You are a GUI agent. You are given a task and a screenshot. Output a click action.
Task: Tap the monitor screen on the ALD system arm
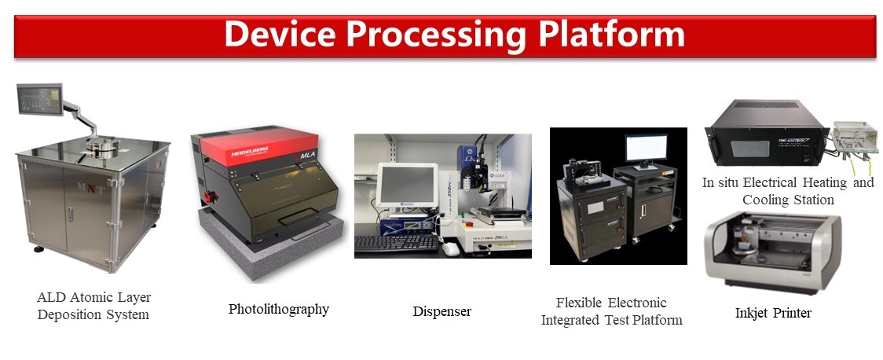click(x=39, y=99)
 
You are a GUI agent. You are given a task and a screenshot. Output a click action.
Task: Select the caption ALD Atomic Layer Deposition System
click(x=93, y=306)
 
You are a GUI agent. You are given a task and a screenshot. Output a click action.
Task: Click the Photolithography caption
click(x=278, y=309)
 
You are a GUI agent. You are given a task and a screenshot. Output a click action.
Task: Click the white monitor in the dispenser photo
click(x=407, y=185)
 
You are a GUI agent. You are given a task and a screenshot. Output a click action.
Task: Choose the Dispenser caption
click(x=442, y=311)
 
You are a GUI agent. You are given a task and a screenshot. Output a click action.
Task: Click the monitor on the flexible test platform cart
click(x=646, y=149)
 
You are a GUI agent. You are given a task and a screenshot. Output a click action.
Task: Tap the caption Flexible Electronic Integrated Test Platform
click(x=611, y=311)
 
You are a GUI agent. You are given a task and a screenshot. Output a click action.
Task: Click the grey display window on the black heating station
click(x=750, y=149)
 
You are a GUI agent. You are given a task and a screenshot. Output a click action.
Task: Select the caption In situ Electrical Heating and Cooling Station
click(x=788, y=191)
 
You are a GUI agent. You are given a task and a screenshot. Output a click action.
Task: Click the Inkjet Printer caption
click(x=773, y=313)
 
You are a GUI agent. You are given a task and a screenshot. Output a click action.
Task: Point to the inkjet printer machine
click(x=772, y=252)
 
